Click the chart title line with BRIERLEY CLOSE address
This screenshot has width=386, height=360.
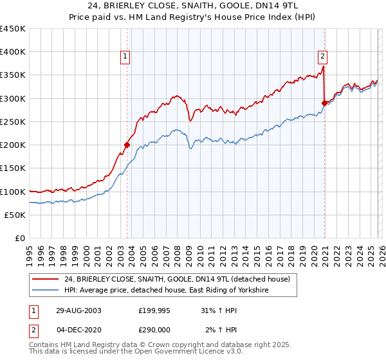click(x=192, y=6)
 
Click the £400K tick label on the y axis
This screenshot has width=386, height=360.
click(x=13, y=52)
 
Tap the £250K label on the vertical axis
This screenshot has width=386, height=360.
click(x=13, y=122)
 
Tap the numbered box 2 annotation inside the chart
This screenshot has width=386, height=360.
click(x=322, y=56)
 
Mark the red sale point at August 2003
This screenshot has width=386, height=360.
click(x=127, y=145)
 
